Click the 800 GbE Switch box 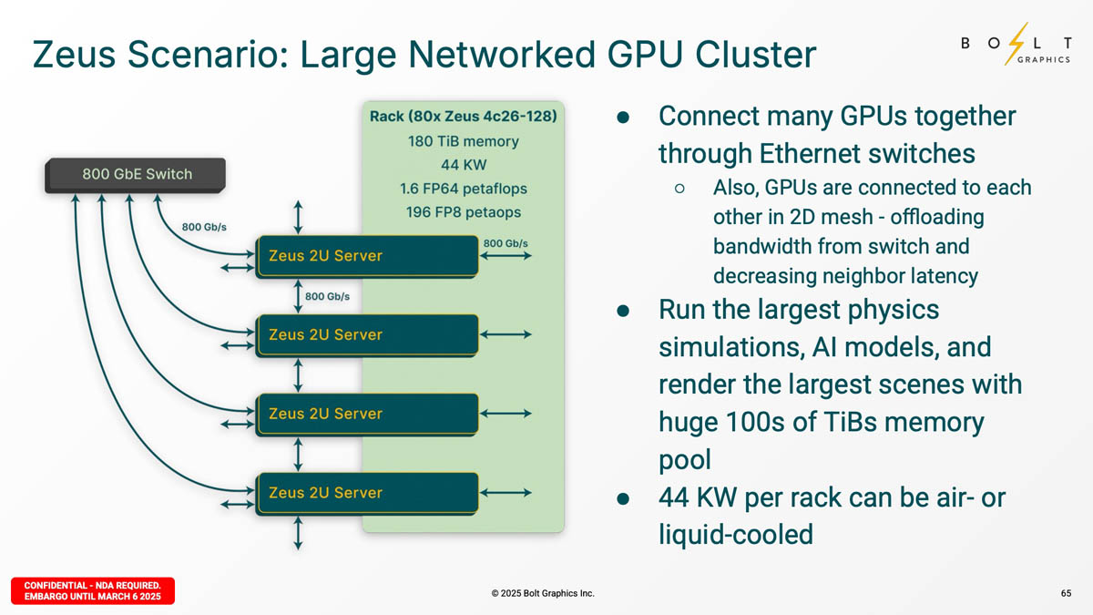(x=137, y=174)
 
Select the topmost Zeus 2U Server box (x=367, y=256)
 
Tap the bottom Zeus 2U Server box (x=367, y=493)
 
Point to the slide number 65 (x=1066, y=593)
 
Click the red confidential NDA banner (x=92, y=590)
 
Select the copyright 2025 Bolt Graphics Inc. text (x=542, y=593)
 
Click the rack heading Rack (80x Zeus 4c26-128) (x=463, y=117)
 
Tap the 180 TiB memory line (x=463, y=141)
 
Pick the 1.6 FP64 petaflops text (x=463, y=189)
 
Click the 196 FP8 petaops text (x=463, y=212)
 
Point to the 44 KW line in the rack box (x=463, y=165)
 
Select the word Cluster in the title (x=755, y=55)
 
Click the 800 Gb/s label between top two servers (x=327, y=296)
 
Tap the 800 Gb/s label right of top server (x=506, y=243)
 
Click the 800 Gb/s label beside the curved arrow (x=204, y=226)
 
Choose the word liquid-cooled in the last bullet (x=735, y=534)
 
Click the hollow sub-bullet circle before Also (x=679, y=189)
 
